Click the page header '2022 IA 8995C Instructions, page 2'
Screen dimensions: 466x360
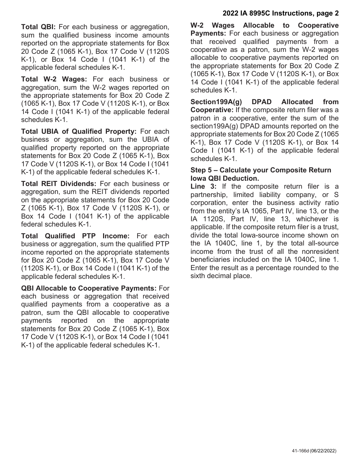coord(280,14)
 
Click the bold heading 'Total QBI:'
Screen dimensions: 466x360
coord(39,27)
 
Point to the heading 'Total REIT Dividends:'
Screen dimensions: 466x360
coord(59,184)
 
